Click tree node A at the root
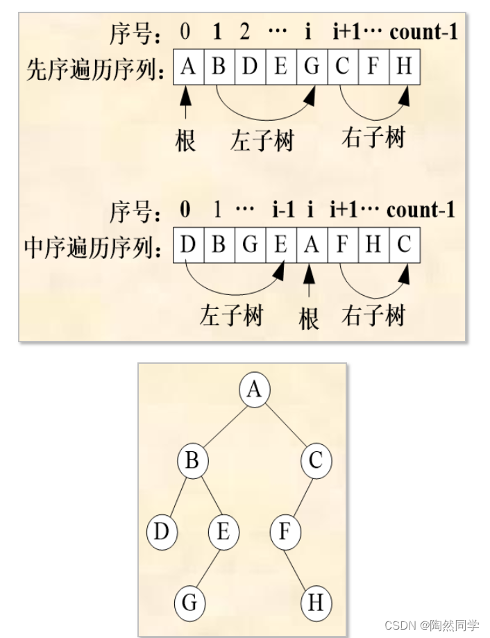pyautogui.click(x=255, y=389)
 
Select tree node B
pyautogui.click(x=193, y=461)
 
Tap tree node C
pyautogui.click(x=316, y=461)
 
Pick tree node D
pyautogui.click(x=162, y=532)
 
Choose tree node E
pyautogui.click(x=223, y=532)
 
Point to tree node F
pyautogui.click(x=285, y=532)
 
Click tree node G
pyautogui.click(x=189, y=603)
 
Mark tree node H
pyautogui.click(x=316, y=603)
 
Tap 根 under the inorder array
pyautogui.click(x=310, y=318)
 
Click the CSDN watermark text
pyautogui.click(x=430, y=625)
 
